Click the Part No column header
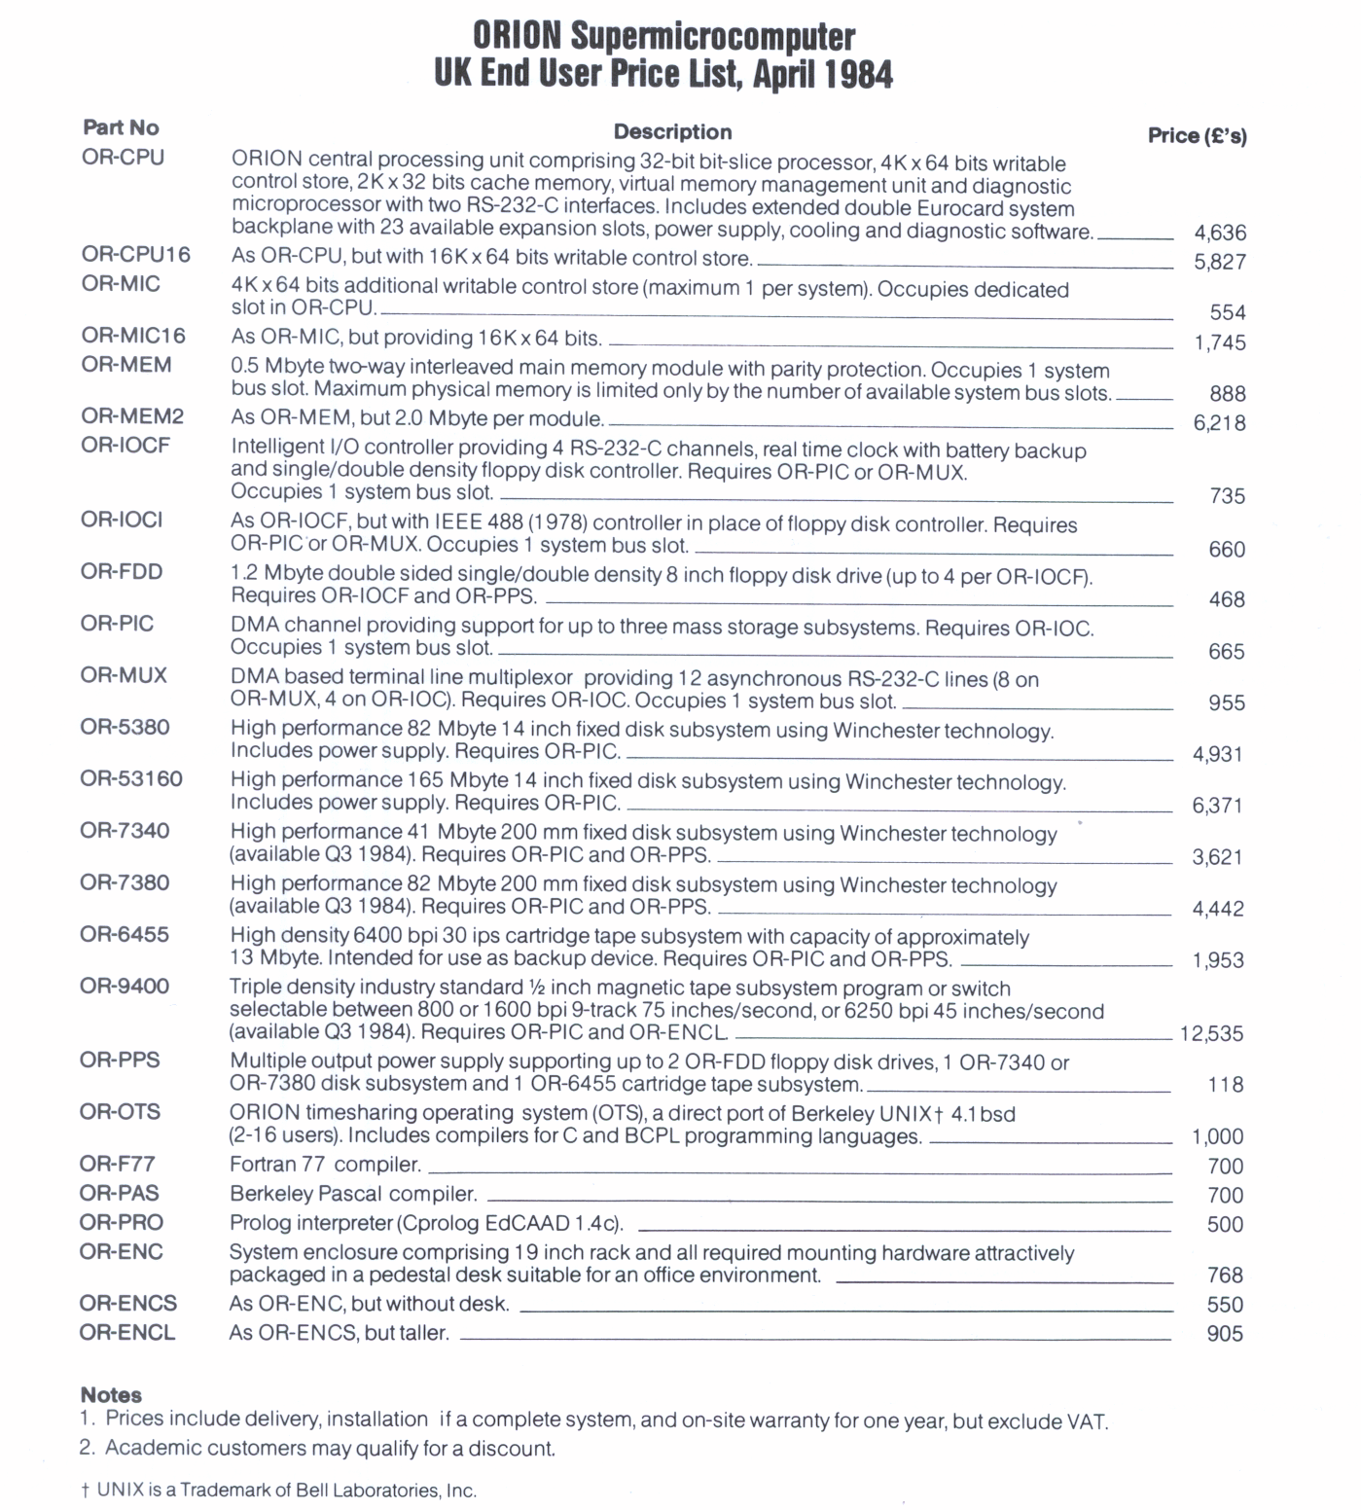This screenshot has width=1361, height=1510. pyautogui.click(x=121, y=127)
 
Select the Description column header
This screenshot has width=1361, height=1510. pyautogui.click(x=672, y=132)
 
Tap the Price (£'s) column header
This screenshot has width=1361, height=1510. pyautogui.click(x=1197, y=135)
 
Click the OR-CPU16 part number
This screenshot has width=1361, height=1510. pyautogui.click(x=136, y=255)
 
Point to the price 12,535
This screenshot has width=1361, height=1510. pyautogui.click(x=1211, y=1033)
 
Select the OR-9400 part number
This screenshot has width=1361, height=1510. pyautogui.click(x=125, y=987)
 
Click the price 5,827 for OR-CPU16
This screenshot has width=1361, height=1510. pyautogui.click(x=1220, y=262)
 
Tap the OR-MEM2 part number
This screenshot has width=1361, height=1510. pyautogui.click(x=132, y=416)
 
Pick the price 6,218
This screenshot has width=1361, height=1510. pyautogui.click(x=1219, y=423)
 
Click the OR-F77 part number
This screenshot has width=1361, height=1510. pyautogui.click(x=118, y=1164)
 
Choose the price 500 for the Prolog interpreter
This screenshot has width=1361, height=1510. pyautogui.click(x=1225, y=1225)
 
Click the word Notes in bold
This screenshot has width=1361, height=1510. pyautogui.click(x=111, y=1395)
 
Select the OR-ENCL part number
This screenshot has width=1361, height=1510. pyautogui.click(x=127, y=1333)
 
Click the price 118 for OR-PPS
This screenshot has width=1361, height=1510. pyautogui.click(x=1226, y=1085)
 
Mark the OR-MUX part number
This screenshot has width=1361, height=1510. pyautogui.click(x=124, y=675)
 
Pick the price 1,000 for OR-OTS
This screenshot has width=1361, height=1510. pyautogui.click(x=1217, y=1136)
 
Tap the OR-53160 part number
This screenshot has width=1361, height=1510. pyautogui.click(x=131, y=779)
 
